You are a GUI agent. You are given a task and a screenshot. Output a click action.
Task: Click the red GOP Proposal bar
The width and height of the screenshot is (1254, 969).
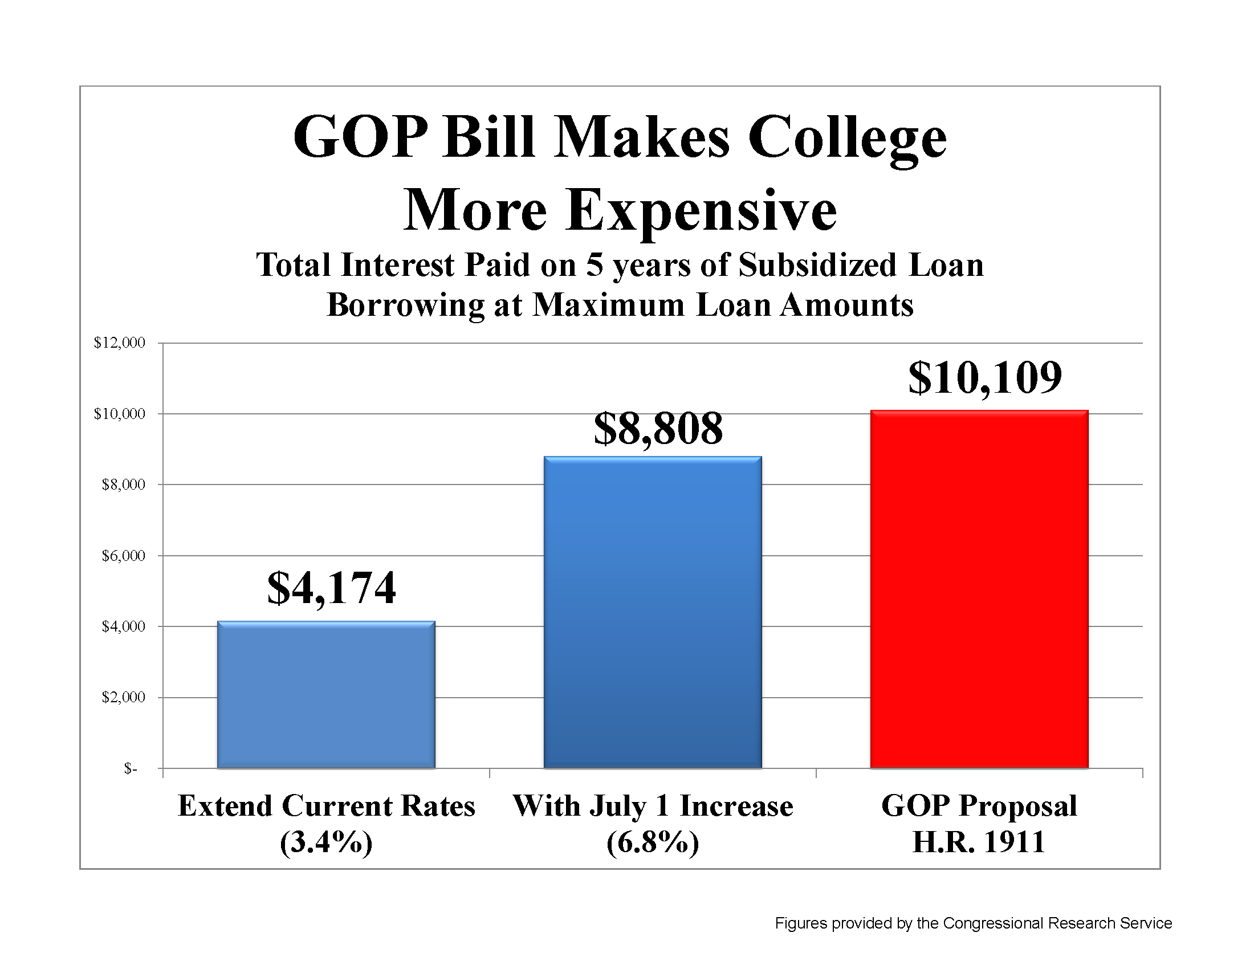tap(979, 588)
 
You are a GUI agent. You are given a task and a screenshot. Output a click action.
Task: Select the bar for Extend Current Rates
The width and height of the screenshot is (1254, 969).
tap(326, 695)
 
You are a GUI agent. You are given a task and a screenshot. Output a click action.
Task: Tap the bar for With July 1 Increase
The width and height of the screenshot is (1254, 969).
tap(652, 612)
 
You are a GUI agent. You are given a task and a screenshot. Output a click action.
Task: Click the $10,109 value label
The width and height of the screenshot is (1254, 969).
tap(985, 378)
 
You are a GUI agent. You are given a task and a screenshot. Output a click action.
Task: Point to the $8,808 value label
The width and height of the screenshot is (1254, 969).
tap(658, 429)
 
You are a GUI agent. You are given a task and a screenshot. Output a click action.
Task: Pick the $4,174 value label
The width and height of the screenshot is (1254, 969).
tap(331, 588)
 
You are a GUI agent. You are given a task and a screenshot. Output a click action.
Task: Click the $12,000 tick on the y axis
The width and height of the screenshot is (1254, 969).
tap(120, 343)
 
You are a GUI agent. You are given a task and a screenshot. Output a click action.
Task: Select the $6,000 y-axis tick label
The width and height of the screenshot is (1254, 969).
tap(124, 556)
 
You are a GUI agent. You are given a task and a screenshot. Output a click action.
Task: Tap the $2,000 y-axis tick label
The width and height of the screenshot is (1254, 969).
tap(124, 698)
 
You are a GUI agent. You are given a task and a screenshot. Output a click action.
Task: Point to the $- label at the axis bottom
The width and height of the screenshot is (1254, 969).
tap(131, 769)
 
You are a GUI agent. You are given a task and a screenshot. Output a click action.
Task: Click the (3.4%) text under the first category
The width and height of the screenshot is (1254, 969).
tap(326, 842)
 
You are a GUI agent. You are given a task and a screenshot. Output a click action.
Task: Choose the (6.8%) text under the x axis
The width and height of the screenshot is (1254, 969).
tap(652, 842)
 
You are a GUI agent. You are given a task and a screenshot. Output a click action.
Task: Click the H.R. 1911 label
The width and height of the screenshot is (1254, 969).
tap(979, 842)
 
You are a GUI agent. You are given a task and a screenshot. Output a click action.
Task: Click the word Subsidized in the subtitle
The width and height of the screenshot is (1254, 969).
tap(816, 265)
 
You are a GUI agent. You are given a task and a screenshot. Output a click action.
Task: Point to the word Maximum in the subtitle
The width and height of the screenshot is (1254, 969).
tap(609, 305)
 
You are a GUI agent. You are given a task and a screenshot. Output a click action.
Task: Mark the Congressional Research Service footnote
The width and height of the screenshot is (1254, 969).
tap(973, 923)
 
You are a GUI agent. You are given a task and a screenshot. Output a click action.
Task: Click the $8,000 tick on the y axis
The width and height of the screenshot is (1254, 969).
tap(124, 484)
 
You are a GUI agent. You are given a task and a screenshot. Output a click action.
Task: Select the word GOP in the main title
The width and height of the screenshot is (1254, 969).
tap(361, 138)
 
